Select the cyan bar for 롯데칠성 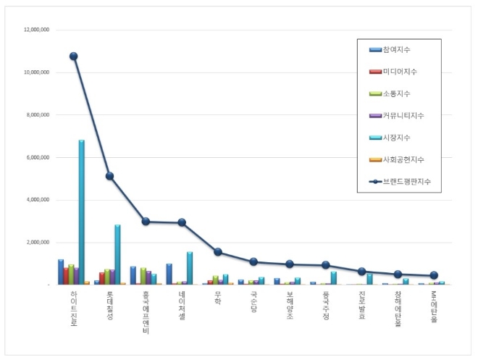coord(117,254)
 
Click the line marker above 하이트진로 coord(73,56)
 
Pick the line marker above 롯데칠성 coord(109,176)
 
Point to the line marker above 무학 coord(217,252)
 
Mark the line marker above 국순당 coord(253,261)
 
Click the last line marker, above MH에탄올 coord(433,275)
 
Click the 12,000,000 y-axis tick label coord(35,30)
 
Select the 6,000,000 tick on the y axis coord(37,157)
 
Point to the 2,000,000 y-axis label coord(37,243)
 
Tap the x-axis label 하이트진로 coord(74,309)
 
